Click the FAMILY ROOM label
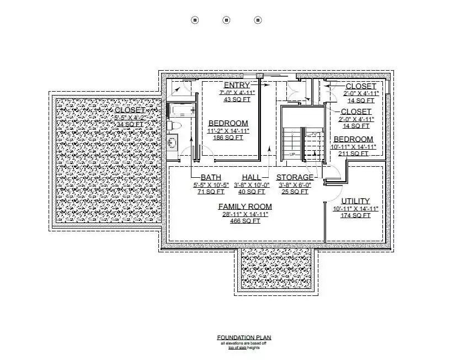point(244,207)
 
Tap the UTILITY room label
point(355,201)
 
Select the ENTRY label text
point(237,85)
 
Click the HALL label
point(251,177)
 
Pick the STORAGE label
point(295,177)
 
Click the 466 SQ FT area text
point(244,221)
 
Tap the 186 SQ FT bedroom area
point(228,137)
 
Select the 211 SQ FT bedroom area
point(353,153)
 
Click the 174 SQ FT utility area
point(355,215)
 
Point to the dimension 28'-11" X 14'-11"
point(244,214)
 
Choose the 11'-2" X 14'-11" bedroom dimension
point(228,131)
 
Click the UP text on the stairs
point(292,154)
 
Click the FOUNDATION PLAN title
point(244,337)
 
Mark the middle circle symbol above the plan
point(226,20)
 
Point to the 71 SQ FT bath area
point(209,192)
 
